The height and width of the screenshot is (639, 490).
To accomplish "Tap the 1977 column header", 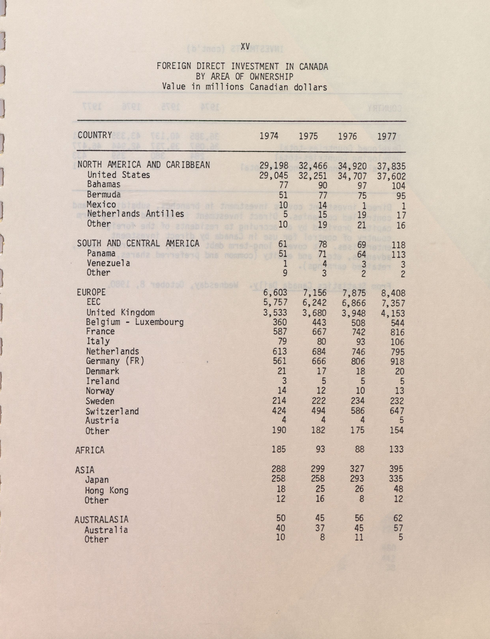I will [387, 136].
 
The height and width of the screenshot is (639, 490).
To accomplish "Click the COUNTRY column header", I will [95, 135].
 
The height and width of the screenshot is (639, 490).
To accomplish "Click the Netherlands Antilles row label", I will [135, 214].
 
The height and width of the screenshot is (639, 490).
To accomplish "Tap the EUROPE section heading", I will [91, 292].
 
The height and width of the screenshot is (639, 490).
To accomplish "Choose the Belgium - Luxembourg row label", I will [135, 322].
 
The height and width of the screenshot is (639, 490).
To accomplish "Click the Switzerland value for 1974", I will [279, 411].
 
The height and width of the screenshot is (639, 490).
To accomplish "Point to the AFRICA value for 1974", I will [279, 449].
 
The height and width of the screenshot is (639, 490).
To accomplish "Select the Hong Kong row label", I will [107, 490].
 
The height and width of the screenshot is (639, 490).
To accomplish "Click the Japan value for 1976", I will [357, 479].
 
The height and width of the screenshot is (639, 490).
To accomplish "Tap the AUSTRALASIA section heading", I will [101, 519].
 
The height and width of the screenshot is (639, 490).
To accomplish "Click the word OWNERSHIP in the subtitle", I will [271, 77].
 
